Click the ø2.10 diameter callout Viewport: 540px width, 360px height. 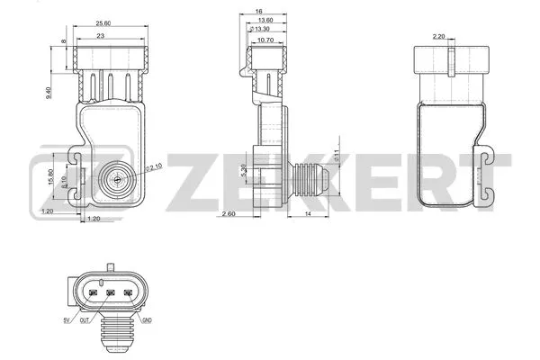[x=154, y=166]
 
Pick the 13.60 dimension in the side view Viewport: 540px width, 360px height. [x=265, y=20]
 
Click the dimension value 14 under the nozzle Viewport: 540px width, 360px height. [x=307, y=214]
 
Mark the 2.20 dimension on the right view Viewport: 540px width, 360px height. [x=439, y=37]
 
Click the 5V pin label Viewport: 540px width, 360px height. [x=66, y=321]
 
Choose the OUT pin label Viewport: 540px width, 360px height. [x=84, y=321]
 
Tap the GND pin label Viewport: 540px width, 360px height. [x=147, y=321]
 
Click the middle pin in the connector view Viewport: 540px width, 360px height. [x=108, y=293]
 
